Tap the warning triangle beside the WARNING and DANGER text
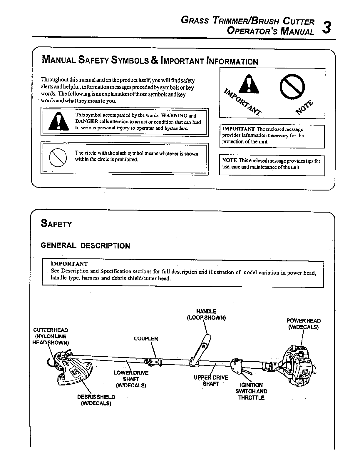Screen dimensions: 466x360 [x=58, y=121]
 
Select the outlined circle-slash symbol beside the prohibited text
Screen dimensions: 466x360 [x=58, y=158]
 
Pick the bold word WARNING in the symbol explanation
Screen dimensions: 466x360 [x=174, y=116]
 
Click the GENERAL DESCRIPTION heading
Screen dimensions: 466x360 [x=85, y=246]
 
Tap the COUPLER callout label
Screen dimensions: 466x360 [x=146, y=339]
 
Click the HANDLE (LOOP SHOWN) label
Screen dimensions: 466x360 [x=206, y=315]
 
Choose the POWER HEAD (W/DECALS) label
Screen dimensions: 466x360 [x=304, y=324]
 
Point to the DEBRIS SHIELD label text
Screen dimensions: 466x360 [x=96, y=397]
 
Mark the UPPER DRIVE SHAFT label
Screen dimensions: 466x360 [x=211, y=381]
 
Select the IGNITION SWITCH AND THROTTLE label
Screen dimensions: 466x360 [x=251, y=391]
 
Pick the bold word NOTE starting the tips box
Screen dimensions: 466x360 [x=230, y=161]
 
